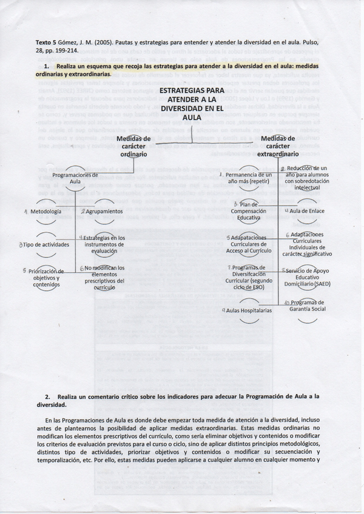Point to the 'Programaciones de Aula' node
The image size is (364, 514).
pos(75,178)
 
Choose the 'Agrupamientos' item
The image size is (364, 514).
pos(104,212)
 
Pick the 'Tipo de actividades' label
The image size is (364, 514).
pos(46,244)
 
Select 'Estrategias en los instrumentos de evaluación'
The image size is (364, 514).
pos(104,244)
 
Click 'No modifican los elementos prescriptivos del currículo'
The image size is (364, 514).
pos(104,277)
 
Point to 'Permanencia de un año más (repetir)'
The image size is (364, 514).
pos(249,178)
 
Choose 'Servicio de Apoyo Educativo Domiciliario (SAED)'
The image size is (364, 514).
pos(307,277)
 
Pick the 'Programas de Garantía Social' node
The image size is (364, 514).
pos(307,305)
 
